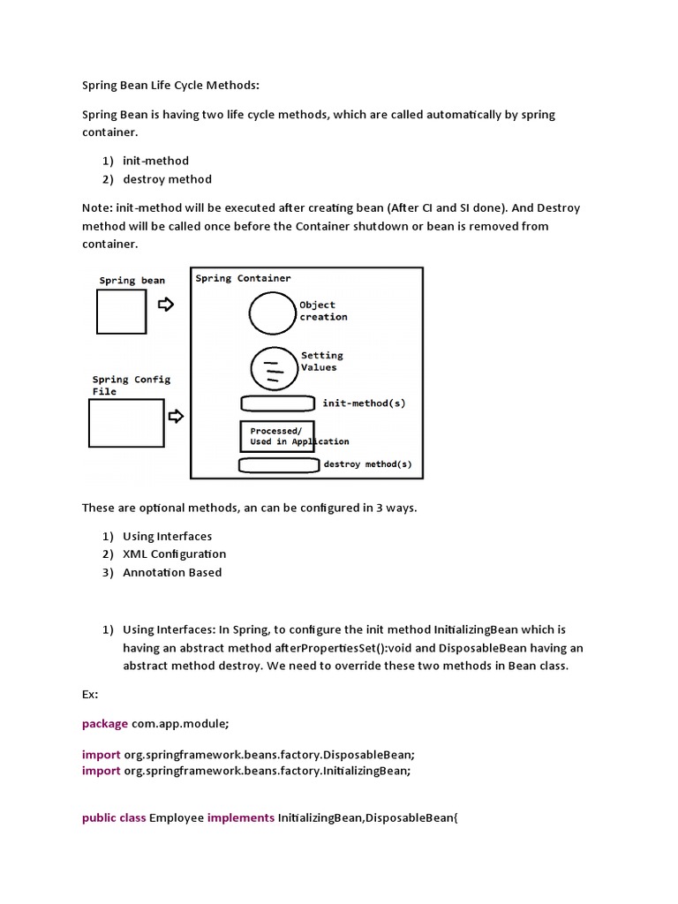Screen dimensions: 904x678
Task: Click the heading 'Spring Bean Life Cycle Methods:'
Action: [171, 86]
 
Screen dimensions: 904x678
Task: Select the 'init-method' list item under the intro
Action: [155, 161]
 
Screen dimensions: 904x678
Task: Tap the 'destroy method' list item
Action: [167, 179]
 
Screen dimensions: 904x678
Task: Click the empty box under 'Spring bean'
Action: [121, 313]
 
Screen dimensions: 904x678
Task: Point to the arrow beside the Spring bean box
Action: [165, 305]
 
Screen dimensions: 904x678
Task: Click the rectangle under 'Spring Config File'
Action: [126, 423]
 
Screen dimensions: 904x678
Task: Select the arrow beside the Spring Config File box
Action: [176, 416]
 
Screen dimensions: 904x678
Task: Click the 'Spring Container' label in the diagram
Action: [243, 278]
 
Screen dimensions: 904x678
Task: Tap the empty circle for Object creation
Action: [271, 312]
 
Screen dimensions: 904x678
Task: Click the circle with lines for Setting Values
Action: [275, 368]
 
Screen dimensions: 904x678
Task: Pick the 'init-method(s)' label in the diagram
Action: [364, 403]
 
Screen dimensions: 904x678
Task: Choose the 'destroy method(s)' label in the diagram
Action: [367, 464]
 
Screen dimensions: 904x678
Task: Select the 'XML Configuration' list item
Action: [174, 554]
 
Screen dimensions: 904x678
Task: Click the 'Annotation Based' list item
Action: [172, 572]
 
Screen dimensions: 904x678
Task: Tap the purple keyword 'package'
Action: [105, 723]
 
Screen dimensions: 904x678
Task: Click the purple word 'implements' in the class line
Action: [241, 817]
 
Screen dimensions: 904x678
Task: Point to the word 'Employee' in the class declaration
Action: [177, 817]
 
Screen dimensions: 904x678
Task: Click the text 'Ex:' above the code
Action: [90, 694]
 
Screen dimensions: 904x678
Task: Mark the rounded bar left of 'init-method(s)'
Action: [277, 403]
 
